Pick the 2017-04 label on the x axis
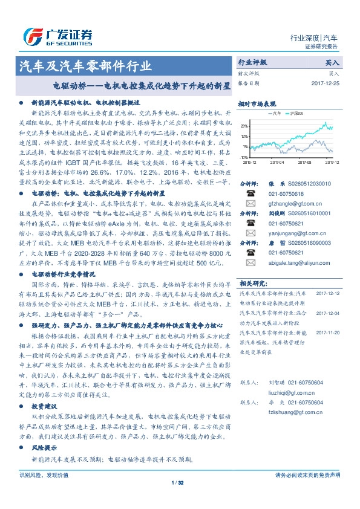tap(278, 162)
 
